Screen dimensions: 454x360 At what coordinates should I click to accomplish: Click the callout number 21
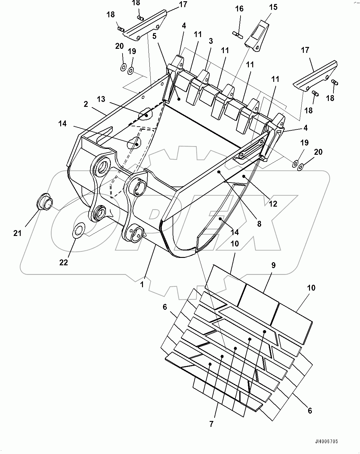click(17, 233)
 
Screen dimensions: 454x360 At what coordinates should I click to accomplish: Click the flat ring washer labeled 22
click(79, 230)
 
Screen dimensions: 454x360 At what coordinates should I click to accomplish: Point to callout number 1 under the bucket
click(142, 284)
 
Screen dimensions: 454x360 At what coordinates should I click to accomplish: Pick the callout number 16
click(239, 9)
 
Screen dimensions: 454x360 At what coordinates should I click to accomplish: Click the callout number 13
click(101, 99)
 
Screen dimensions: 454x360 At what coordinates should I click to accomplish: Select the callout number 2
click(86, 104)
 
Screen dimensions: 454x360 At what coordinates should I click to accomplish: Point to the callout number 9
click(273, 265)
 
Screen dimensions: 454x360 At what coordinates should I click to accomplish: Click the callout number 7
click(211, 424)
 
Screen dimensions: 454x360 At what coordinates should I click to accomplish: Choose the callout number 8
click(259, 224)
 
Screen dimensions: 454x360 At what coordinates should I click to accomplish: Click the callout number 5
click(154, 36)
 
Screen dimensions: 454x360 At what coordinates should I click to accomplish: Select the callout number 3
click(211, 41)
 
